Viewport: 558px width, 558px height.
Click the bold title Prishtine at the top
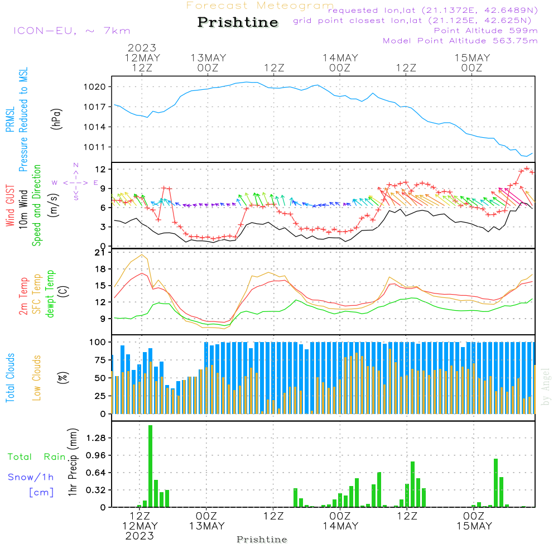238,22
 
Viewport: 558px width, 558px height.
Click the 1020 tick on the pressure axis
95,87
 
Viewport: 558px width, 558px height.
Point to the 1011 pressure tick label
95,147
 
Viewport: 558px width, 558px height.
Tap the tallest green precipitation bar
151,466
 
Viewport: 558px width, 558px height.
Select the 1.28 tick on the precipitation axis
96,437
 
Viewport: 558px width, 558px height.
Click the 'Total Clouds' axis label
10,378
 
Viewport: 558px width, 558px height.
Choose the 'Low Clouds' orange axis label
37,378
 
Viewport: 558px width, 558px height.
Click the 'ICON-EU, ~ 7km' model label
72,31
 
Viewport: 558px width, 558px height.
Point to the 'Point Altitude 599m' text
486,31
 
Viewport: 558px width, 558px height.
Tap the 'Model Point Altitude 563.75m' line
460,41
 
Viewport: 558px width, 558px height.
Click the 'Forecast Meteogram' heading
260,6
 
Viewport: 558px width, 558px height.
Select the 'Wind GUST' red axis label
10,205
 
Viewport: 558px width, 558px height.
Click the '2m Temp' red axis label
23,296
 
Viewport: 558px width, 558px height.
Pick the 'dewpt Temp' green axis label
50,294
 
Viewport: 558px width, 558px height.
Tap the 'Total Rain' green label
37,456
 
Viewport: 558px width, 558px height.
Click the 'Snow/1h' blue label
31,477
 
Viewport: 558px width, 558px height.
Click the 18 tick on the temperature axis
101,269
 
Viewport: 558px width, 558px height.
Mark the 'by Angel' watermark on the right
546,387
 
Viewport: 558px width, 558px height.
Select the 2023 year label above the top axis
142,47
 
